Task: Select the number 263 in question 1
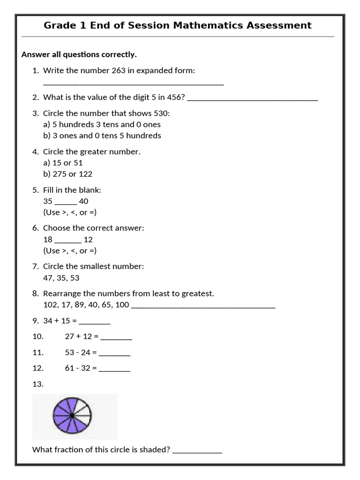point(118,71)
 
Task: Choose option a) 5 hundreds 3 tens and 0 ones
point(102,125)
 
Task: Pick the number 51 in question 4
point(78,163)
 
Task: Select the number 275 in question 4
point(60,174)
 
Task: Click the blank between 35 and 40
point(66,202)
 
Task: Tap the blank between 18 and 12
point(68,240)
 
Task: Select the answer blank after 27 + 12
point(116,338)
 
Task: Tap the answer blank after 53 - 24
point(115,354)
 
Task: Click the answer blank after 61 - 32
point(115,369)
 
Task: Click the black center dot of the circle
point(72,416)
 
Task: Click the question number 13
point(38,384)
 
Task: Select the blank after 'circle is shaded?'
point(197,451)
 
